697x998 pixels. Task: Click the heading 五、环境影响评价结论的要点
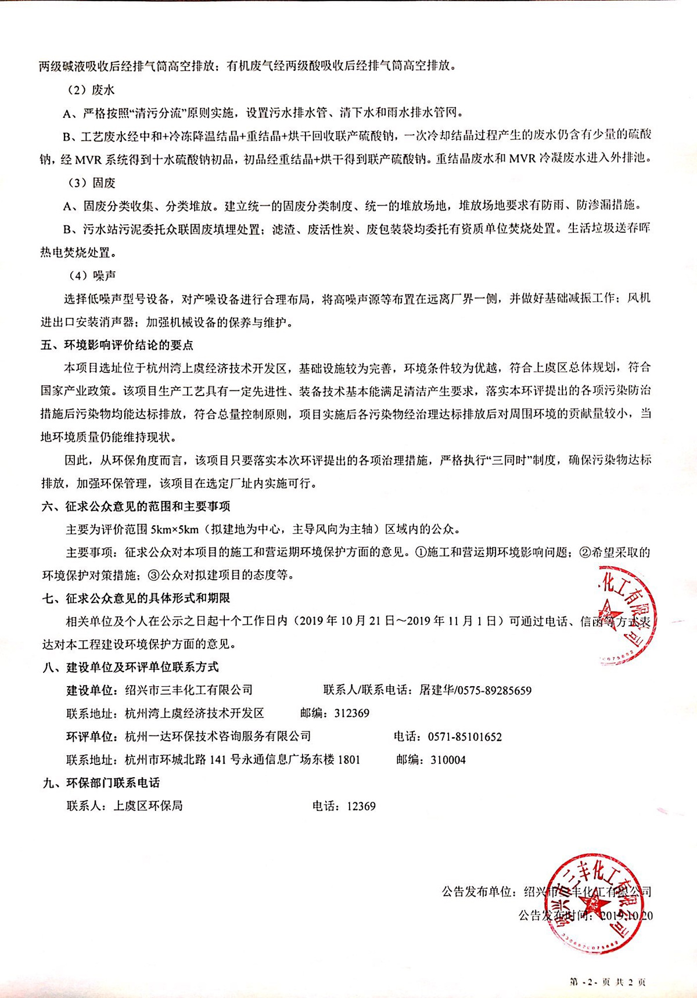117,344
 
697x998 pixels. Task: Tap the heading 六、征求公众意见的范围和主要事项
136,506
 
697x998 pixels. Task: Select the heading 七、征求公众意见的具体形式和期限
136,598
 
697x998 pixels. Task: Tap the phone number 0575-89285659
494,690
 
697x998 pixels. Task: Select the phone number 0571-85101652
465,737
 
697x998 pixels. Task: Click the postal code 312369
351,713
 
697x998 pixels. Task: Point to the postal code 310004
448,760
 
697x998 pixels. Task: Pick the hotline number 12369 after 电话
361,806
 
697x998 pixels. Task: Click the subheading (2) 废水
89,89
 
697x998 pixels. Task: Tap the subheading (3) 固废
89,182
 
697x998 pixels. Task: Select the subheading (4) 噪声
89,275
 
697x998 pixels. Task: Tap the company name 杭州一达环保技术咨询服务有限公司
218,737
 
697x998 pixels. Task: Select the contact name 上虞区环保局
148,806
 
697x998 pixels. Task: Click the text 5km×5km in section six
174,529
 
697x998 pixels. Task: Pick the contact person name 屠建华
436,690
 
